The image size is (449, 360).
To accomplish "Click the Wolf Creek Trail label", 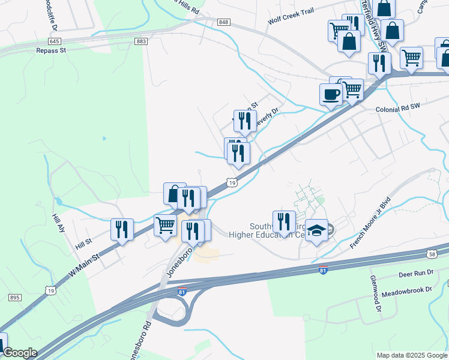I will pyautogui.click(x=291, y=20).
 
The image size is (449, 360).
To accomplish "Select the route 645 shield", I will pyautogui.click(x=55, y=41).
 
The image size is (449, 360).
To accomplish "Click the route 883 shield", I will pyautogui.click(x=142, y=41).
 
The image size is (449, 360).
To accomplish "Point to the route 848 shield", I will pyautogui.click(x=224, y=22).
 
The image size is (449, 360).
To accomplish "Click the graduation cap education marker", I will pyautogui.click(x=317, y=230).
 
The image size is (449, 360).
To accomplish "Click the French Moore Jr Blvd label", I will pyautogui.click(x=370, y=223).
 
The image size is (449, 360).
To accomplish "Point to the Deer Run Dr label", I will pyautogui.click(x=415, y=274).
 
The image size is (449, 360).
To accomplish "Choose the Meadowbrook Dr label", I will pyautogui.click(x=407, y=289).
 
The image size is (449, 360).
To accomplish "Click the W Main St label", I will pyautogui.click(x=84, y=263).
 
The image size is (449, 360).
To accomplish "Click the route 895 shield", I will pyautogui.click(x=15, y=298).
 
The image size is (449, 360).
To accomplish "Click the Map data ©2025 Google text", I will pyautogui.click(x=411, y=355).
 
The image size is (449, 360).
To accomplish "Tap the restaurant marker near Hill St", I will pyautogui.click(x=121, y=229).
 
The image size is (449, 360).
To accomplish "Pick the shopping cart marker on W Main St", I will pyautogui.click(x=165, y=226).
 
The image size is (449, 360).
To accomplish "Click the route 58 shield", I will pyautogui.click(x=432, y=254).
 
